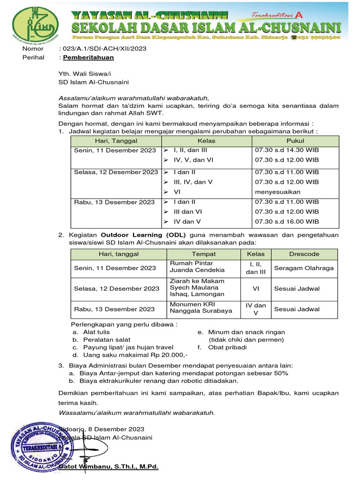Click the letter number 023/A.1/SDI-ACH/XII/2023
pyautogui.click(x=102, y=49)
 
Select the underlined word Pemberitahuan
pyautogui.click(x=88, y=58)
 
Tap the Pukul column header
pyautogui.click(x=295, y=141)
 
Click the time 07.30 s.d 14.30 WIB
pyautogui.click(x=286, y=150)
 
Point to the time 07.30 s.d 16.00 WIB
pyautogui.click(x=286, y=222)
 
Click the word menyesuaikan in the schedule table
pyautogui.click(x=277, y=192)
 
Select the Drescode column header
pyautogui.click(x=304, y=254)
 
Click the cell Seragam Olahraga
pyautogui.click(x=304, y=268)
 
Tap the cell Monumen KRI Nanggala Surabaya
pyautogui.click(x=201, y=307)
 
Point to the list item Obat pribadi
pyautogui.click(x=227, y=347)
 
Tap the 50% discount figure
pyautogui.click(x=281, y=373)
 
